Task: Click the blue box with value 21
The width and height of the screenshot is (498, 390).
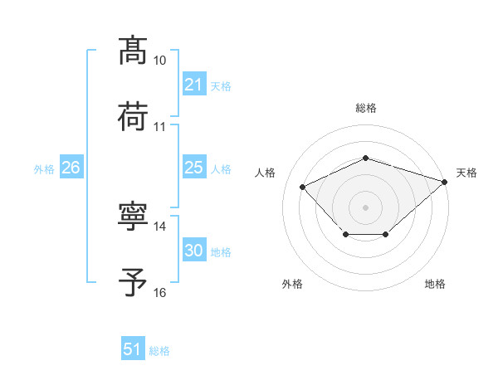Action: tap(193, 85)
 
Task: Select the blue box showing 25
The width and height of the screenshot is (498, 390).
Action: tap(193, 168)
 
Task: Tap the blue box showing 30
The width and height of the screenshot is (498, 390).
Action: tap(193, 251)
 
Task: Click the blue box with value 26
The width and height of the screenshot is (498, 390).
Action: tap(71, 168)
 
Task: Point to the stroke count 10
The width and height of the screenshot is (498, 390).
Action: tap(159, 61)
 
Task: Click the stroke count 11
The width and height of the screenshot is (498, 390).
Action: tap(159, 127)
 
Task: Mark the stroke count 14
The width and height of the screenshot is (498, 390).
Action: tap(159, 227)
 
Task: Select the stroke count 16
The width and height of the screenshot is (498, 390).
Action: tap(159, 293)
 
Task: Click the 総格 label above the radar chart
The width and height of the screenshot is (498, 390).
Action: tap(365, 108)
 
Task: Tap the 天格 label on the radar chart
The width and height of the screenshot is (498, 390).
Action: tap(466, 173)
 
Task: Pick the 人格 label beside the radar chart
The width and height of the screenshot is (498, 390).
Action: tap(266, 173)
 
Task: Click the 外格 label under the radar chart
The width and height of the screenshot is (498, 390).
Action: tap(292, 285)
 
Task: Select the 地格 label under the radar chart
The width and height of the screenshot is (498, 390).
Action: tap(435, 285)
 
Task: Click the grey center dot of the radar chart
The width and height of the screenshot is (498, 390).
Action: tap(365, 206)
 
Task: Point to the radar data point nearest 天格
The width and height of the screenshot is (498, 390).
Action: tap(446, 181)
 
